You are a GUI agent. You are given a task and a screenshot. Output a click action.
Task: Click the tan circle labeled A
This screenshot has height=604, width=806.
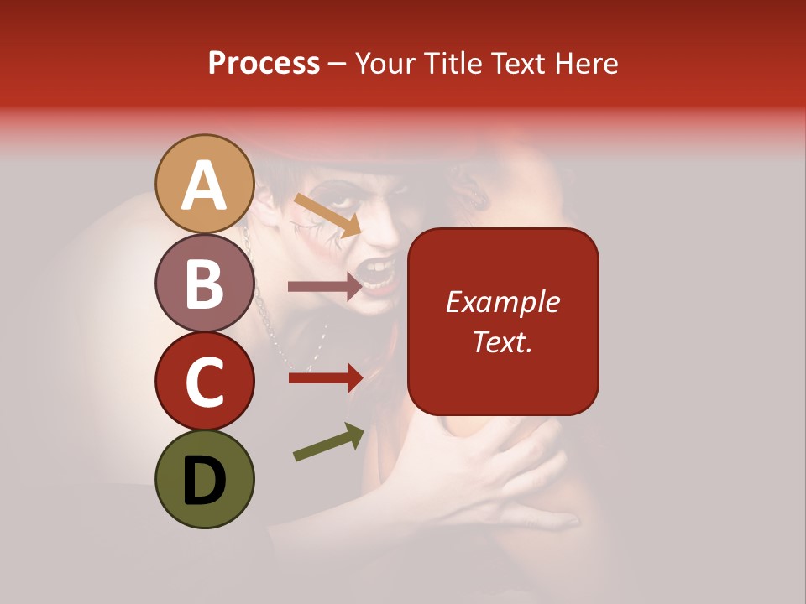click(205, 185)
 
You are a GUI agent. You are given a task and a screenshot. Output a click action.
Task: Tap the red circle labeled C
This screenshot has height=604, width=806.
click(205, 381)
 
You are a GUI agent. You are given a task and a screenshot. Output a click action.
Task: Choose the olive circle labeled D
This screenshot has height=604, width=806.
click(205, 479)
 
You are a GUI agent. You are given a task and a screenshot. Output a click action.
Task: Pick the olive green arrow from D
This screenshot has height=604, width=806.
click(328, 442)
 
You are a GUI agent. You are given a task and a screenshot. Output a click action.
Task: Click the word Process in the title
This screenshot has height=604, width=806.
click(264, 64)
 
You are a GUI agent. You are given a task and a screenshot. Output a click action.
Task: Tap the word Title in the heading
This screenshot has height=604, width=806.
click(453, 64)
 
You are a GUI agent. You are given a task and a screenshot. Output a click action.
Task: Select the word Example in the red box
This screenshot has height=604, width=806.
click(503, 302)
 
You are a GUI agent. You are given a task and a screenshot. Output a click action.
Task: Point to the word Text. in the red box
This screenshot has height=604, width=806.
click(503, 341)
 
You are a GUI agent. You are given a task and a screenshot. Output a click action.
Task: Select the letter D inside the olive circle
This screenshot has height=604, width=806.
click(205, 481)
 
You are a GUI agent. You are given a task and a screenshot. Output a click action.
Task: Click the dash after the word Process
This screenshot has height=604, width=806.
click(338, 64)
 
